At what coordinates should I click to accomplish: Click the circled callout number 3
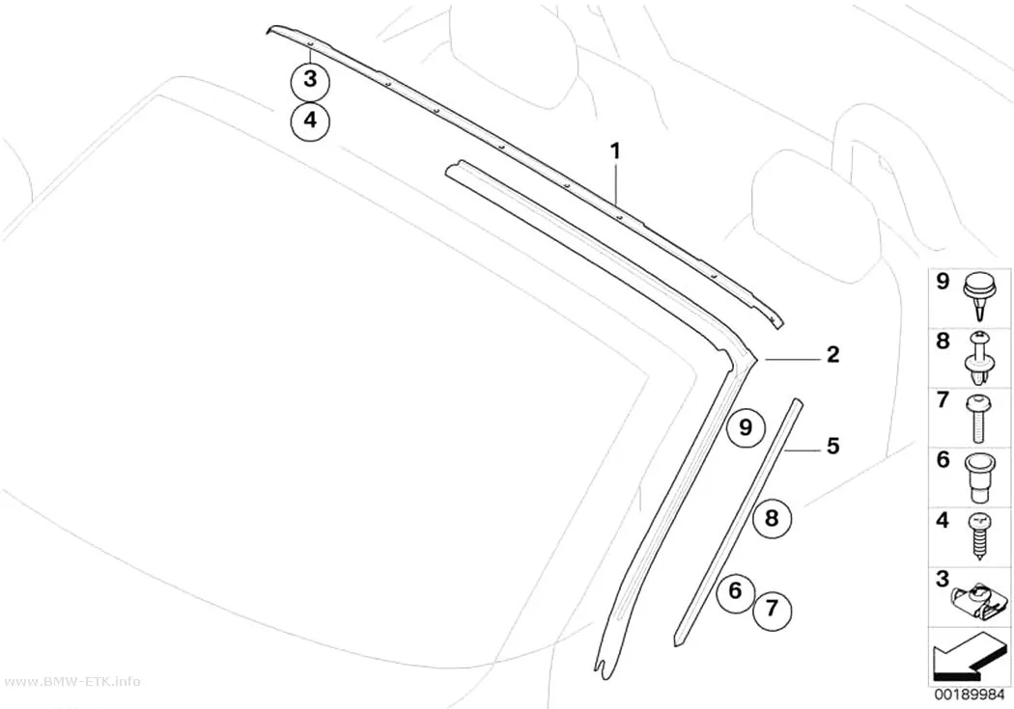310,80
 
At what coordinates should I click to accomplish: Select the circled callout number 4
310,121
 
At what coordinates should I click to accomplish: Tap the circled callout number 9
746,427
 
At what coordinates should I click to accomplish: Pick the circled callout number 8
772,518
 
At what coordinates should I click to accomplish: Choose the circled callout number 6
735,590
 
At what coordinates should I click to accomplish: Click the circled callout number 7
772,609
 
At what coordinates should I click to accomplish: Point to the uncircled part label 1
616,151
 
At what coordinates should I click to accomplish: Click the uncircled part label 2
832,354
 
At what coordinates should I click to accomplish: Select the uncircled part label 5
832,446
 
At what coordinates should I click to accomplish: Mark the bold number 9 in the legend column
943,282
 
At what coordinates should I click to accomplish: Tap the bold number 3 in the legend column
943,579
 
